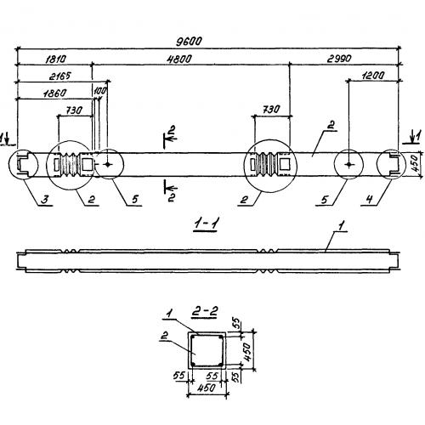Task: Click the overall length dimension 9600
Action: (189, 42)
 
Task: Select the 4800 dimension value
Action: (179, 59)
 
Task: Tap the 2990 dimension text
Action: (339, 59)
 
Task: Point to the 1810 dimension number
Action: (55, 59)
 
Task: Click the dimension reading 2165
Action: (59, 76)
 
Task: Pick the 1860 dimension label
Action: (55, 93)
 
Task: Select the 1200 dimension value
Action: (373, 76)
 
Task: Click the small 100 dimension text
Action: (99, 91)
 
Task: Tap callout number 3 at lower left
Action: (44, 199)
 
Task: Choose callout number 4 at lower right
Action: (370, 199)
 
